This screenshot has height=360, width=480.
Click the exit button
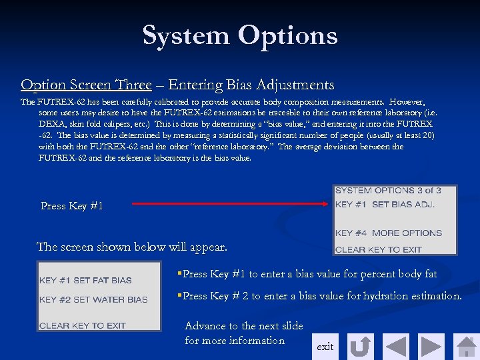325,347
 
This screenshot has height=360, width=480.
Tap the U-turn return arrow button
361,347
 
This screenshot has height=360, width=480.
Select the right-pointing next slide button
431,347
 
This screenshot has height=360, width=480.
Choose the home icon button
467,347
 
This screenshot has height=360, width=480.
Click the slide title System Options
240,35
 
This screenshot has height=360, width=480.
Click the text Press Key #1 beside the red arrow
72,206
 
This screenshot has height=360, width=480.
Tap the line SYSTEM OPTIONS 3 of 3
387,191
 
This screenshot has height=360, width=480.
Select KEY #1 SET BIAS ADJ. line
385,205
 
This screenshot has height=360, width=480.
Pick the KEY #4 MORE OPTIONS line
388,233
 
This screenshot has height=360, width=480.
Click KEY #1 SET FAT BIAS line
85,281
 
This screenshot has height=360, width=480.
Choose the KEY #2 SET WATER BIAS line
93,300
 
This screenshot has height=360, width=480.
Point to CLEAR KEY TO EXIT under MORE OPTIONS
378,250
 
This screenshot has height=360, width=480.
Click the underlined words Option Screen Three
86,85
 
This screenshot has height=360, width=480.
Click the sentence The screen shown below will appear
131,247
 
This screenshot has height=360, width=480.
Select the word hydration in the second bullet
387,295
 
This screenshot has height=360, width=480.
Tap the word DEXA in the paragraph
52,124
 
